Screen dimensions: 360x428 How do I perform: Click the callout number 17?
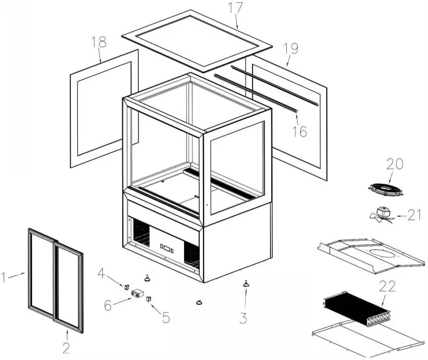click(x=236, y=9)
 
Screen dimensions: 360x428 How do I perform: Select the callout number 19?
click(x=291, y=49)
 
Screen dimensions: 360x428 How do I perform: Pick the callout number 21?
click(x=414, y=216)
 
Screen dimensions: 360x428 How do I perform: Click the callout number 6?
click(x=108, y=306)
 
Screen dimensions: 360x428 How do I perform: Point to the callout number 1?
click(x=4, y=278)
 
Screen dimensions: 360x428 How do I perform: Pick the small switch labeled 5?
click(x=149, y=298)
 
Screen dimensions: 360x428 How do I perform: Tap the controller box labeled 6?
click(x=138, y=294)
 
